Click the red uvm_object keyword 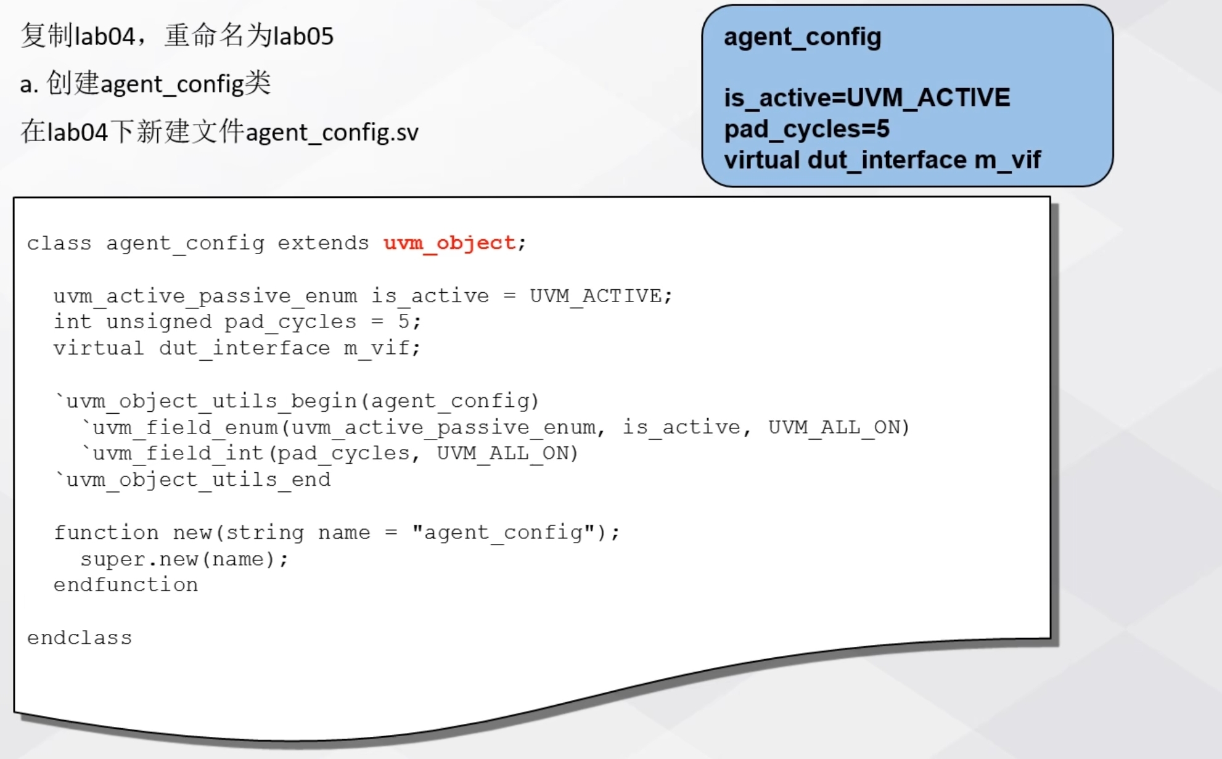[449, 243]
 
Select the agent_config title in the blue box [802, 37]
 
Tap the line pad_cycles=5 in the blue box [806, 129]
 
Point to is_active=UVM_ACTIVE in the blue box [867, 97]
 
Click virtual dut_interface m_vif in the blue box [882, 160]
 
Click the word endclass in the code [80, 638]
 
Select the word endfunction [126, 585]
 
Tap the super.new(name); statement [184, 559]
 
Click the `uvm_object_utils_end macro [192, 480]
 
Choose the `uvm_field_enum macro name [180, 427]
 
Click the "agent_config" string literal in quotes [503, 532]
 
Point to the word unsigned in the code [158, 321]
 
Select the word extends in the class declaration [323, 243]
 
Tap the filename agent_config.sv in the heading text [332, 133]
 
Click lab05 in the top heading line [303, 36]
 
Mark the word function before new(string [106, 532]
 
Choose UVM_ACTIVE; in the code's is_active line [601, 296]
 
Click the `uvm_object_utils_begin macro [205, 401]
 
